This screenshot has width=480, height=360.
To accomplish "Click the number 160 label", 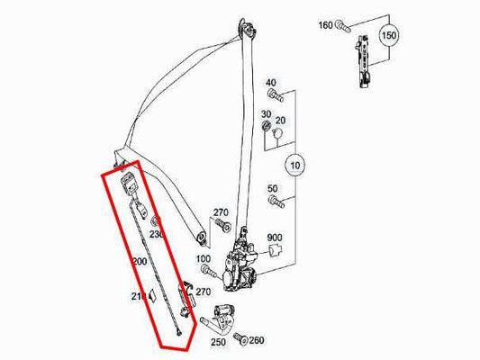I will (324, 24).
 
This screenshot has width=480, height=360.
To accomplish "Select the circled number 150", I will (388, 36).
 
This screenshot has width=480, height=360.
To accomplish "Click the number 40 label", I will (271, 83).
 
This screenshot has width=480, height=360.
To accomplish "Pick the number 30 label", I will (267, 114).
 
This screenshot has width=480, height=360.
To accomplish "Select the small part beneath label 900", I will (276, 254).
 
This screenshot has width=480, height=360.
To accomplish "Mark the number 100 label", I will (204, 259).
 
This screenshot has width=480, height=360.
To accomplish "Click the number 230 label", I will (157, 235).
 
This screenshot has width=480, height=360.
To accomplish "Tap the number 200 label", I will (140, 261).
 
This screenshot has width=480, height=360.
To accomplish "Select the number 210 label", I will (138, 295).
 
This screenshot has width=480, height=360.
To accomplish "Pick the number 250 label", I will (218, 343).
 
